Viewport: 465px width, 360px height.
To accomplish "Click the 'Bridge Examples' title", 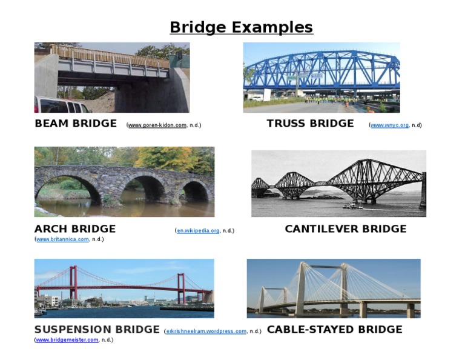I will (x=241, y=27).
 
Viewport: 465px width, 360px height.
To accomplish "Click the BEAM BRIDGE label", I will (x=76, y=124).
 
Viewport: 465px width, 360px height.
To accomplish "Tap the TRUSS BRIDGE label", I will (x=310, y=124).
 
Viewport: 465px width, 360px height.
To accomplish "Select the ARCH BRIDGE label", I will (x=75, y=229).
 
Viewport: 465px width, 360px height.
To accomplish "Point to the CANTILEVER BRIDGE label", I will (x=346, y=229).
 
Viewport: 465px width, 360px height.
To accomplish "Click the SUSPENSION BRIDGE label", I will (x=97, y=330).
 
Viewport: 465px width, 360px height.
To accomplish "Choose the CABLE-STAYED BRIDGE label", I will (x=334, y=330).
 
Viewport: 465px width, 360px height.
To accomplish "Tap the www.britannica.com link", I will (x=62, y=239).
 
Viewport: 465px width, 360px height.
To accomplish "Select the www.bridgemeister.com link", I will (x=67, y=340).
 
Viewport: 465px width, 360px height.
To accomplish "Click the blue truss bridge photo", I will (x=321, y=77).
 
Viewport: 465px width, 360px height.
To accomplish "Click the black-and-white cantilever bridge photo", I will (x=338, y=184).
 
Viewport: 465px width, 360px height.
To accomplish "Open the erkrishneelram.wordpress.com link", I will (x=206, y=332).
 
